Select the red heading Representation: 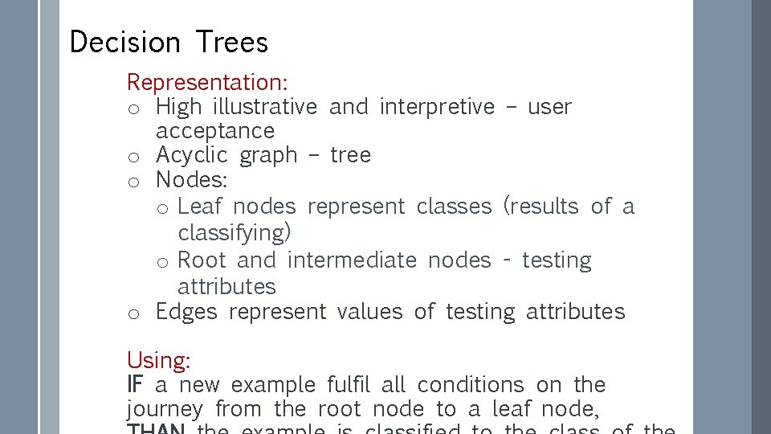point(208,82)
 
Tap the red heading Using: point(158,360)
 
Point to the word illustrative point(265,106)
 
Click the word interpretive point(437,106)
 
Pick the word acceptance point(214,130)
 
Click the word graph point(268,156)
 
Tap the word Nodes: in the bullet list point(191,179)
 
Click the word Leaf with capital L point(199,207)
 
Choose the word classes point(454,207)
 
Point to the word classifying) point(235,233)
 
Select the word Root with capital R point(202,260)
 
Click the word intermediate point(351,260)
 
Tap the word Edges point(186,312)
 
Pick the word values point(369,311)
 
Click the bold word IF point(135,384)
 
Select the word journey point(165,410)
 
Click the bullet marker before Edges point(135,313)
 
